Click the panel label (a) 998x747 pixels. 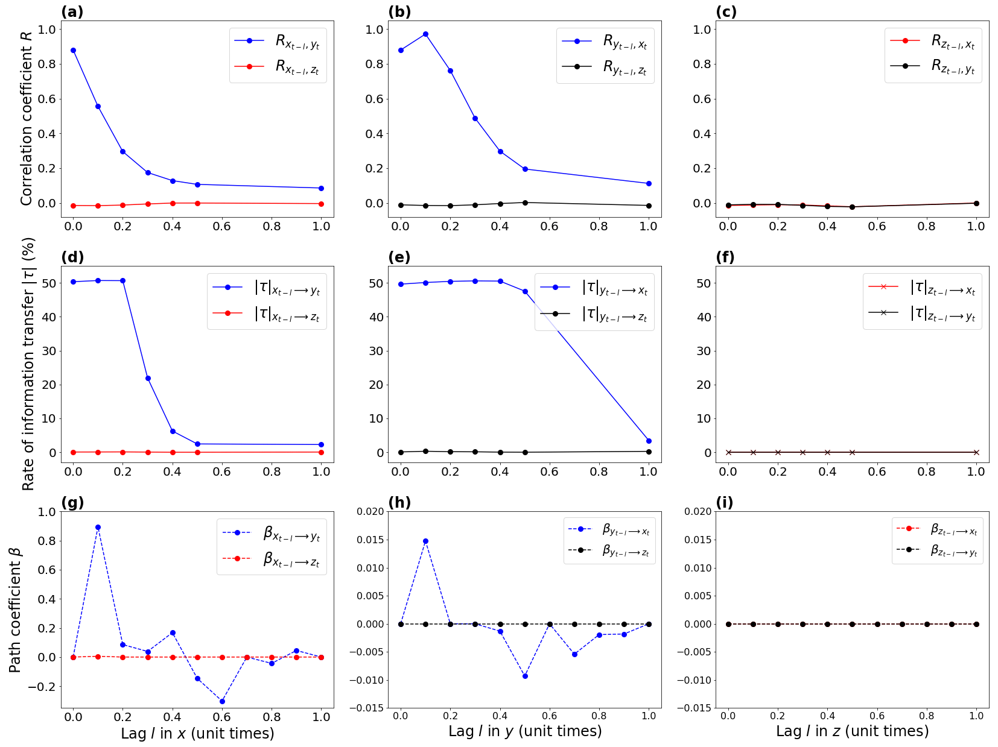tap(72, 12)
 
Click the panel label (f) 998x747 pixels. tap(725, 257)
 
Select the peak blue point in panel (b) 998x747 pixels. tap(425, 34)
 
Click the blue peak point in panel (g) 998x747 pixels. tap(98, 527)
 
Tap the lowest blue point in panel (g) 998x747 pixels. tap(222, 701)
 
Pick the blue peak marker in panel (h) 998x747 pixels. tap(425, 541)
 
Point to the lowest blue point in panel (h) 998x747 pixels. tap(525, 676)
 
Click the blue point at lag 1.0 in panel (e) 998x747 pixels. tap(649, 441)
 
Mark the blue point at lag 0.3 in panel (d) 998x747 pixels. tap(148, 378)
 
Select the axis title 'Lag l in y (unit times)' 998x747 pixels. tap(525, 731)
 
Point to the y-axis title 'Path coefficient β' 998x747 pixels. tap(16, 610)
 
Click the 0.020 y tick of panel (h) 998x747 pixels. tap(369, 512)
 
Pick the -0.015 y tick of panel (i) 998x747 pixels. tap(694, 708)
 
